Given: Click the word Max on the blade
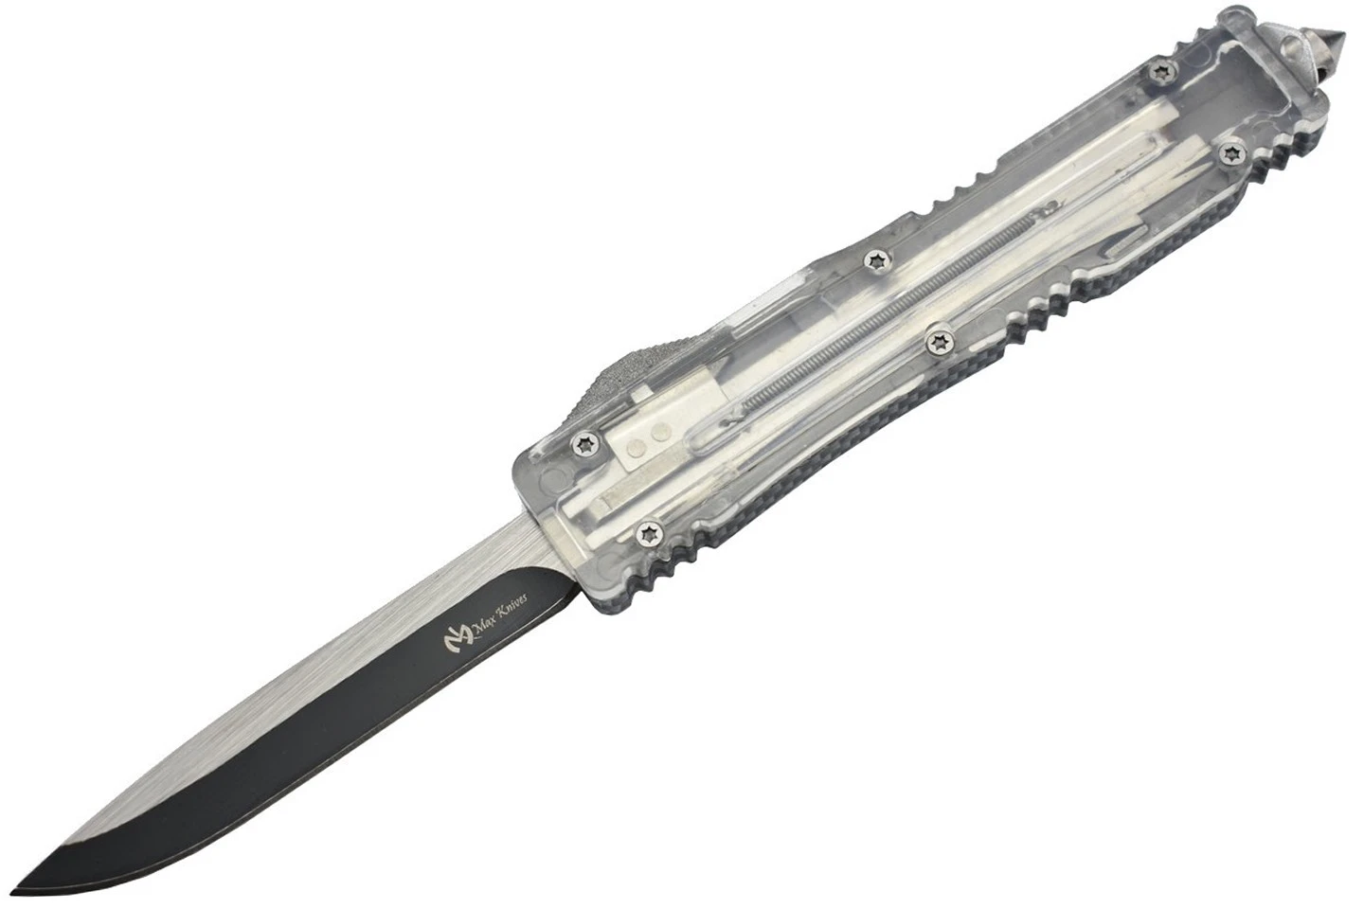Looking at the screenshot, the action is (x=484, y=626).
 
